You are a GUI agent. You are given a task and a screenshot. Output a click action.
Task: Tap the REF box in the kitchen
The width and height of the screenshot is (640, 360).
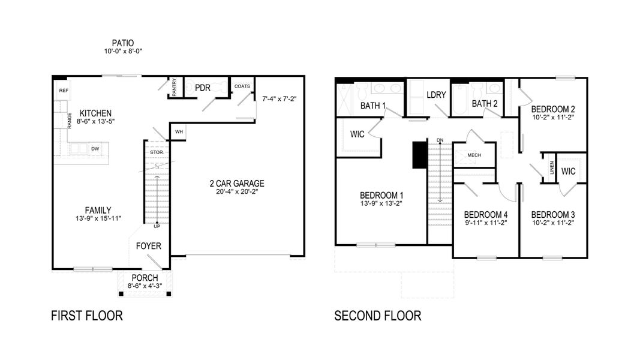pos(63,90)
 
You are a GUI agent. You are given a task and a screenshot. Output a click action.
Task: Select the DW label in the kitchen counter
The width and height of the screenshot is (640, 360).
pos(95,148)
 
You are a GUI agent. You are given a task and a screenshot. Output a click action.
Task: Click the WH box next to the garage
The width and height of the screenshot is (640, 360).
pos(179,132)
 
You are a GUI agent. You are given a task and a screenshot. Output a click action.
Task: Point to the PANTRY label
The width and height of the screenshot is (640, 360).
pos(174,87)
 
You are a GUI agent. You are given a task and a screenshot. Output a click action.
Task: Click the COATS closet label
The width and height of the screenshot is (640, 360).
pos(242,86)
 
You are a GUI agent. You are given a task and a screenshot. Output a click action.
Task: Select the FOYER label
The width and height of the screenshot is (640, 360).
pos(148,246)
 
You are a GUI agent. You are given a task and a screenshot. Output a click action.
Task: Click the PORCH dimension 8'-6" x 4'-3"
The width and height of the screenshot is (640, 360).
pos(145,286)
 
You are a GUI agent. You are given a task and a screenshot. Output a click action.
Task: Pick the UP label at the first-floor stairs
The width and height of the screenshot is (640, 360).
pos(157,226)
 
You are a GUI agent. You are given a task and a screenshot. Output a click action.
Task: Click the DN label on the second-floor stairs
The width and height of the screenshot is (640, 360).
pos(440,140)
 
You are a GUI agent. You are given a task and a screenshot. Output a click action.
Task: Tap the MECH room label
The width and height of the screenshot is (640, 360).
pos(474,155)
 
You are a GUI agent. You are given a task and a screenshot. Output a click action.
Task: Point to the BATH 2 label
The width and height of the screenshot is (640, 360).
pos(485,104)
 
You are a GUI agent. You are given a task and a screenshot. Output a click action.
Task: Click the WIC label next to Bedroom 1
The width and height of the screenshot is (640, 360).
pos(357,134)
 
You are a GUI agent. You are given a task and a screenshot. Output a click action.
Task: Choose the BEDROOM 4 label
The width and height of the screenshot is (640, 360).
pos(486,214)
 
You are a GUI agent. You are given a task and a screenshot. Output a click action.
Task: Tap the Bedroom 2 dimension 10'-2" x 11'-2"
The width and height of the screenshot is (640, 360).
pos(553,118)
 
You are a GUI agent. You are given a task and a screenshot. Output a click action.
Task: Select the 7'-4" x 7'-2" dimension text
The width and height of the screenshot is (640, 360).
pos(280,98)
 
